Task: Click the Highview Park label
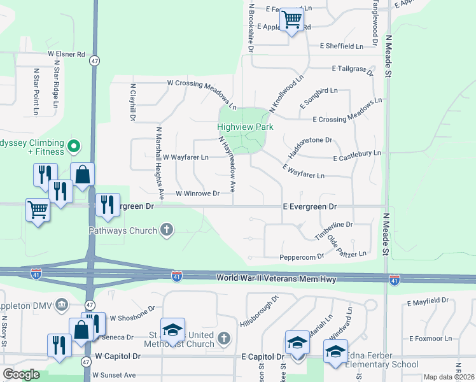tap(246, 127)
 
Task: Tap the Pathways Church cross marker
tap(167, 229)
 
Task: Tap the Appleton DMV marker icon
tap(62, 304)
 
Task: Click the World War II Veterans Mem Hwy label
tap(276, 279)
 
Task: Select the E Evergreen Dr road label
tap(309, 207)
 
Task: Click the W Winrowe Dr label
tap(197, 194)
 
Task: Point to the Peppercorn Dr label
tap(302, 257)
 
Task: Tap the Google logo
tap(21, 374)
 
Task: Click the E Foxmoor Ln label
tap(431, 339)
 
